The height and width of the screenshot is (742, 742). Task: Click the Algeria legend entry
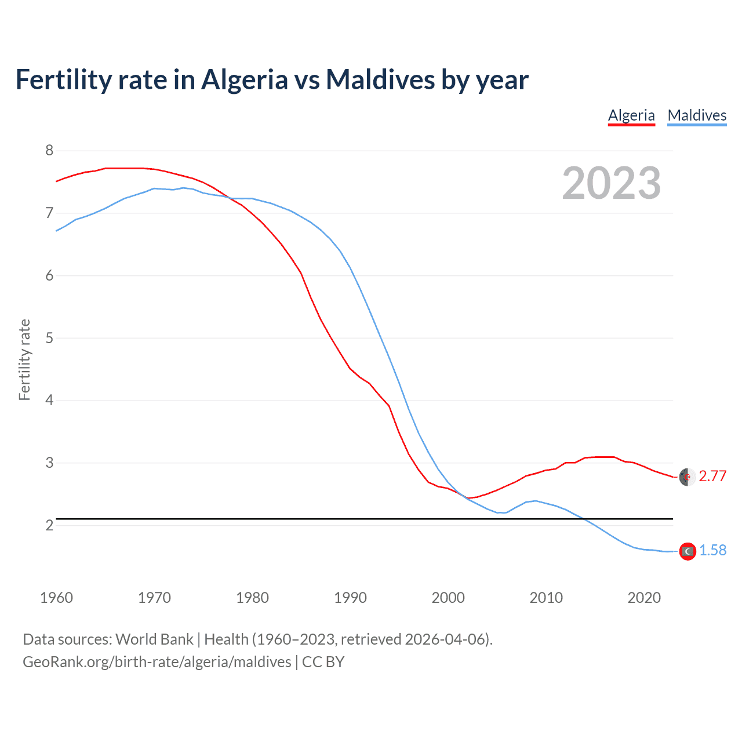pos(631,115)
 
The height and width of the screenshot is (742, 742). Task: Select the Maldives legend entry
pos(697,115)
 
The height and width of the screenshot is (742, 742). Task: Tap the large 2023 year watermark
pos(611,183)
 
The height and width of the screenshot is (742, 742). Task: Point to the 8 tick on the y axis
pos(49,151)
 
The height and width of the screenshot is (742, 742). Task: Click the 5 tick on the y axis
pos(49,338)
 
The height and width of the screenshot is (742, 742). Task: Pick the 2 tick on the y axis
pos(49,525)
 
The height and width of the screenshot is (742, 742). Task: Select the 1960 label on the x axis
pos(56,598)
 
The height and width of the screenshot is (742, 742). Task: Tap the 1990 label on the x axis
pos(350,598)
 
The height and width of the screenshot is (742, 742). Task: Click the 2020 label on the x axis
pos(644,598)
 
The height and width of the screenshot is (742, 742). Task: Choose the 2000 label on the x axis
pos(448,598)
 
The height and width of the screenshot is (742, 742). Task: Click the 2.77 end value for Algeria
pos(712,477)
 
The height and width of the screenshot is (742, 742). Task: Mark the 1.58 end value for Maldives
pos(712,551)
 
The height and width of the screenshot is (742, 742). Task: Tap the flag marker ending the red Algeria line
pos(687,477)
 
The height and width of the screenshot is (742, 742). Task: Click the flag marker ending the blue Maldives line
pos(688,551)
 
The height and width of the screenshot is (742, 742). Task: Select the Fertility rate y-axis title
pos(24,359)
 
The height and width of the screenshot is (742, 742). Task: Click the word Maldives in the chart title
pos(380,79)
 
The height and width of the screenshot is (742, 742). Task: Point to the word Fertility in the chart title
pos(63,79)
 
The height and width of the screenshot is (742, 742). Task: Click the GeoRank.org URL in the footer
pos(157,662)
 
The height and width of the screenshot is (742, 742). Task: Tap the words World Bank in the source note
pos(154,639)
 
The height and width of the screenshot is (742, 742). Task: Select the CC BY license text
pos(323,662)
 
